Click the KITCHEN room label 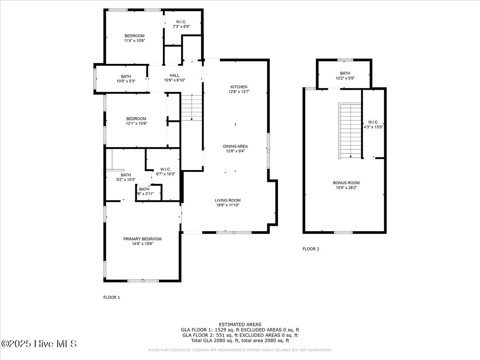click(239, 87)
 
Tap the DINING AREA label click(235, 146)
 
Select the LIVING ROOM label click(227, 200)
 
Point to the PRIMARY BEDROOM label click(142, 239)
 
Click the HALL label click(174, 75)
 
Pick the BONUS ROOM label click(344, 183)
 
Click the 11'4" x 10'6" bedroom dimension click(134, 40)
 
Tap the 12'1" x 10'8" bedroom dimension click(136, 124)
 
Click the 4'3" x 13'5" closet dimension click(374, 127)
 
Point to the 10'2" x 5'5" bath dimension click(345, 78)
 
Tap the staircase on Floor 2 click(350, 130)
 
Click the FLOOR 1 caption click(112, 297)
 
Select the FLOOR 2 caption click(311, 249)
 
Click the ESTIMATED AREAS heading click(240, 324)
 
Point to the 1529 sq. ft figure click(216, 330)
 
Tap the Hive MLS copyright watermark click(39, 344)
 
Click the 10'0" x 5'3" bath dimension click(126, 81)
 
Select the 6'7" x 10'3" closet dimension click(165, 174)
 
